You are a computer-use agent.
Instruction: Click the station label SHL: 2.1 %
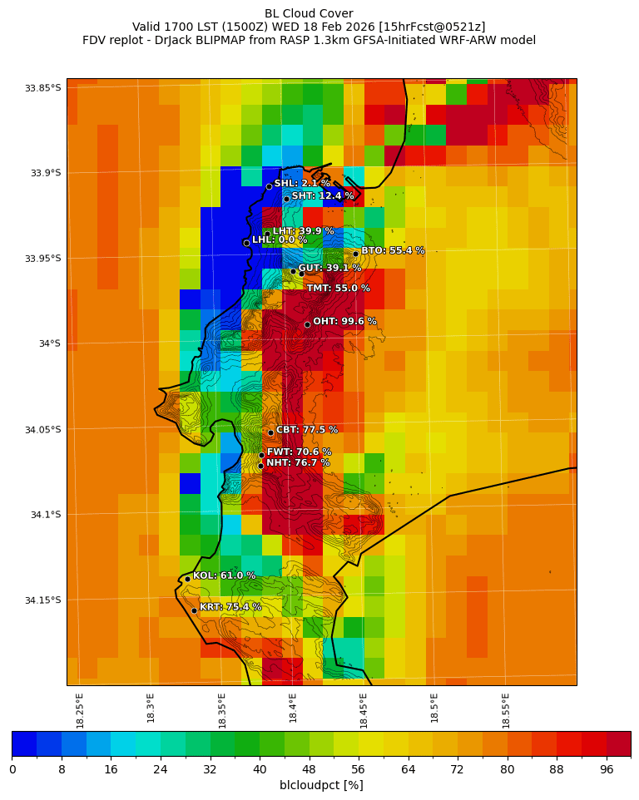tap(302, 183)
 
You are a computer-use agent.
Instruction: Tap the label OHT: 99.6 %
tap(344, 321)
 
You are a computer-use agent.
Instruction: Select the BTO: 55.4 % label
tap(393, 250)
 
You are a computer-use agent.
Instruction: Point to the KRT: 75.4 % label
tap(230, 607)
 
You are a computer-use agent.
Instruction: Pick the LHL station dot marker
tap(246, 243)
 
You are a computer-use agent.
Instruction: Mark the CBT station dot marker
tap(270, 432)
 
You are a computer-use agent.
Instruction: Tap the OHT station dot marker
tap(307, 324)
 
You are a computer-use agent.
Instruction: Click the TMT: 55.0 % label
tap(338, 289)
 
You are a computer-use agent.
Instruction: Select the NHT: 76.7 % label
tap(298, 463)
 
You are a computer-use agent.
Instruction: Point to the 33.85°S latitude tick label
tap(43, 88)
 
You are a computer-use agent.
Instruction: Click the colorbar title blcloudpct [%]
tap(321, 785)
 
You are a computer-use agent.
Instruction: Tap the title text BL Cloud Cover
tap(309, 13)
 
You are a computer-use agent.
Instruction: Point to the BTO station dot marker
tap(355, 254)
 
